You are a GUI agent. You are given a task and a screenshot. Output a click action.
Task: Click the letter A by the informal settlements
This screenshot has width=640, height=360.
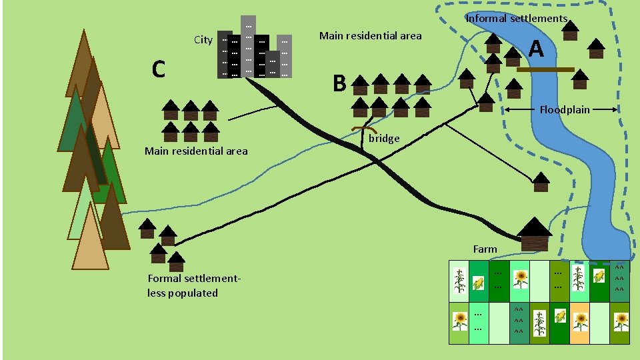pos(537,49)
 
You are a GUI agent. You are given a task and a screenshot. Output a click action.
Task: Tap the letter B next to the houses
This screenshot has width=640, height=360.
pos(339,83)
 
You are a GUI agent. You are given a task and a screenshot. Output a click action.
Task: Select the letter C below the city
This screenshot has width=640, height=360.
pos(158,69)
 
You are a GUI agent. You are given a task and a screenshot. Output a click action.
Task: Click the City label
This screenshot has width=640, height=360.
pos(203,39)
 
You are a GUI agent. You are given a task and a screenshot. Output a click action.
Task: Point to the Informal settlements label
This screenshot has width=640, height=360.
pos(516,19)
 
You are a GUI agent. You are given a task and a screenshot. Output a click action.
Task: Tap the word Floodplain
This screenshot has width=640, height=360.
pos(565,109)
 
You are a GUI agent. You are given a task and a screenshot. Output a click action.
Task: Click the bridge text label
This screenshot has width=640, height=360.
pos(384,139)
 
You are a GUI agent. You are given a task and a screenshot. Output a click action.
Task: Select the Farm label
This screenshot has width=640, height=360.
pos(485,249)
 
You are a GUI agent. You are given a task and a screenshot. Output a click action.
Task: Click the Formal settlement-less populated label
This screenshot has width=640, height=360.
pos(193,285)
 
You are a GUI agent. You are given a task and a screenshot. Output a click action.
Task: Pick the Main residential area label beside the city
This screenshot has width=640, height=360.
pos(370,35)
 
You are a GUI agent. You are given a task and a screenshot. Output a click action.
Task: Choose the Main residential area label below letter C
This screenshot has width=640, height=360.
pos(195,151)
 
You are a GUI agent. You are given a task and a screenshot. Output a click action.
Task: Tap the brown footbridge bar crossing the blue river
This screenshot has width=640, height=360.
pos(545,69)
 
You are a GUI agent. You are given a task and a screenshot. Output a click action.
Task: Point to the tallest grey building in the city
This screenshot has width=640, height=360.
pos(248,45)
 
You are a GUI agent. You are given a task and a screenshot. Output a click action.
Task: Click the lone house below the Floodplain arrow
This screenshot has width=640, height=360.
pos(541,182)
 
